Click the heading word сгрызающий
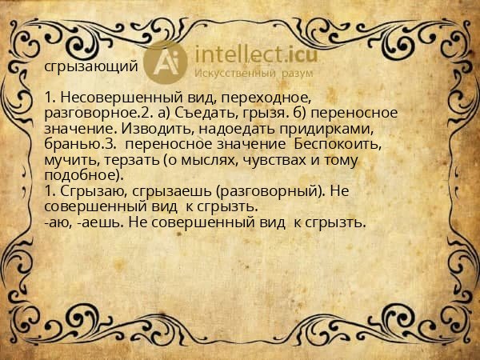(x=91, y=67)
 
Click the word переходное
(x=225, y=98)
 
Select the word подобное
(x=79, y=176)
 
